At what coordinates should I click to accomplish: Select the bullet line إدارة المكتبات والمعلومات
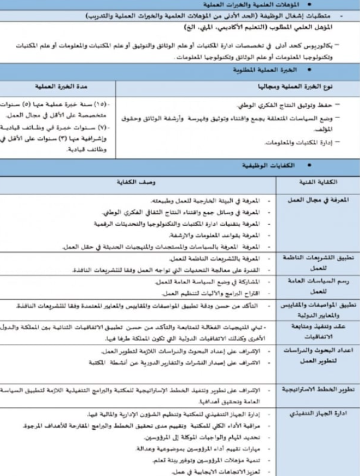tap(297, 143)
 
